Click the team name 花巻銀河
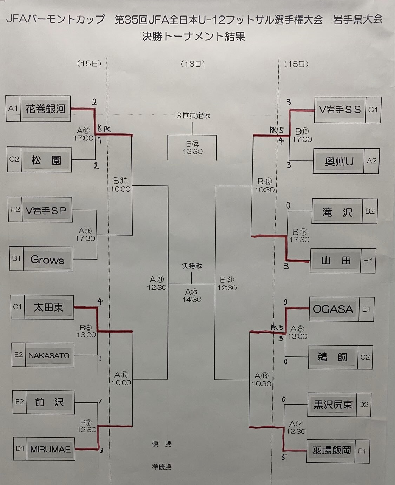coord(45,109)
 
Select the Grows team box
coord(47,260)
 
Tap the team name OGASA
coord(333,309)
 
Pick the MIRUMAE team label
coord(50,449)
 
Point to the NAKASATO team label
coord(49,355)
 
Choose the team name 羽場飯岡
coord(332,450)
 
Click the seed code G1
coord(373,110)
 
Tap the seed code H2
coord(15,210)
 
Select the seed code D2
coord(364,404)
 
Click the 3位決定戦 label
coord(193,116)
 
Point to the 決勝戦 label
coord(192,266)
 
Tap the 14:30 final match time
coord(192,300)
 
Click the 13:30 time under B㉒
coord(192,151)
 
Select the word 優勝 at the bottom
coord(162,444)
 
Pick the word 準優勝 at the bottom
coord(162,467)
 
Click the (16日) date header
coord(193,64)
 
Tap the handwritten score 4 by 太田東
coord(100,301)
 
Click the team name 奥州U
coord(339,162)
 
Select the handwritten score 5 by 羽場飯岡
coord(284,457)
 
